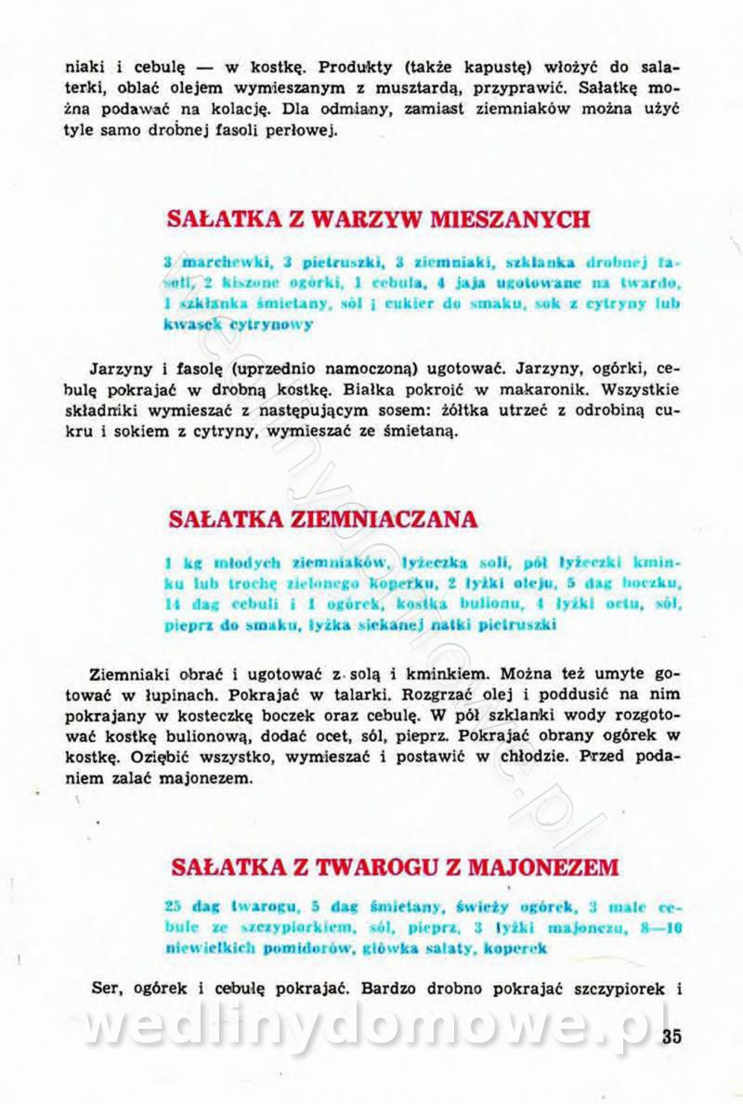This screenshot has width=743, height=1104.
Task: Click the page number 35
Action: [671, 1036]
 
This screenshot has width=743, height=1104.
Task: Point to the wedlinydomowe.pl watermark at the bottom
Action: [371, 1026]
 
